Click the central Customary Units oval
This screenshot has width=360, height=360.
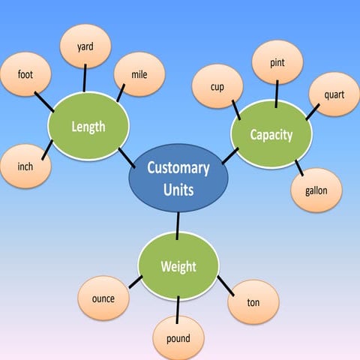(x=178, y=178)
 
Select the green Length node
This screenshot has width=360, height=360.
(x=88, y=126)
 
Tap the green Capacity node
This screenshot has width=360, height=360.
(x=271, y=135)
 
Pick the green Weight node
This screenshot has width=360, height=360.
(x=178, y=266)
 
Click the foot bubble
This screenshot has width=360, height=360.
(x=25, y=75)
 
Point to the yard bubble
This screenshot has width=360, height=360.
(x=85, y=46)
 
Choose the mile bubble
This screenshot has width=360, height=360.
(x=139, y=74)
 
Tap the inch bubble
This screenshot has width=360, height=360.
(x=25, y=166)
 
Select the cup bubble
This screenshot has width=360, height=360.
(x=217, y=87)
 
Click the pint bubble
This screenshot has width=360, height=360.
(x=277, y=62)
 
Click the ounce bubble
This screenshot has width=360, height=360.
(x=103, y=298)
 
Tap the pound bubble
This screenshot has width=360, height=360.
(x=178, y=338)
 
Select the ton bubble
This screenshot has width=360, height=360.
(x=253, y=302)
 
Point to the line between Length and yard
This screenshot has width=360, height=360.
(x=85, y=78)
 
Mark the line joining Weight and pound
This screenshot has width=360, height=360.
(x=178, y=306)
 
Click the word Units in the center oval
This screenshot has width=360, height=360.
(x=178, y=190)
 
